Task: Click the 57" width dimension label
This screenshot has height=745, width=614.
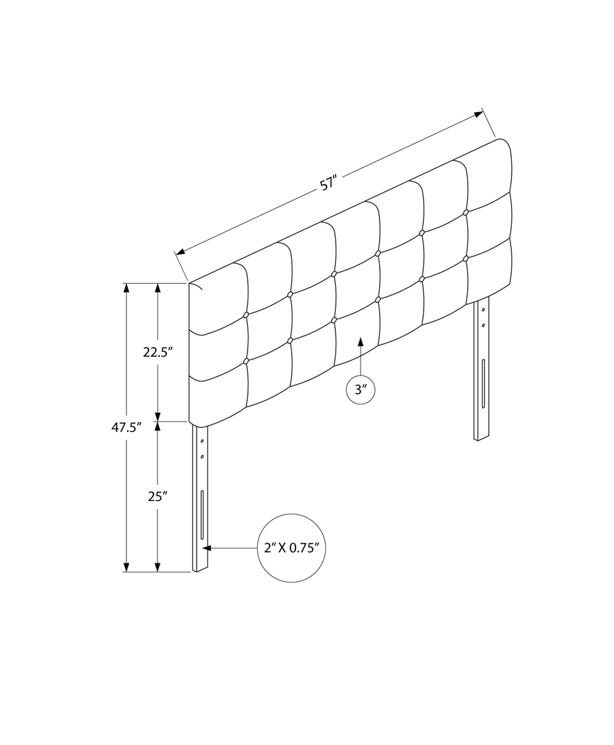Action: pyautogui.click(x=327, y=184)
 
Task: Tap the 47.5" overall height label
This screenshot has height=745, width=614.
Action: pyautogui.click(x=126, y=427)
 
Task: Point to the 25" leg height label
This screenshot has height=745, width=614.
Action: pyautogui.click(x=157, y=497)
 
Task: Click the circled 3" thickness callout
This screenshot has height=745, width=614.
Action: pyautogui.click(x=360, y=390)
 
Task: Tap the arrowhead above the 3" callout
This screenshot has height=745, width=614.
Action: pyautogui.click(x=360, y=343)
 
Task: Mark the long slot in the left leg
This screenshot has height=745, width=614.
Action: pyautogui.click(x=202, y=514)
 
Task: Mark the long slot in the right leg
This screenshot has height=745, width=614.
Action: pyautogui.click(x=483, y=382)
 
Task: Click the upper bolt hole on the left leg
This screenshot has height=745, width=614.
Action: pyautogui.click(x=202, y=441)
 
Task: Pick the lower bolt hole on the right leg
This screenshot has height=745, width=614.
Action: pyautogui.click(x=483, y=325)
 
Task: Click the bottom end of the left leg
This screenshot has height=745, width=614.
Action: pyautogui.click(x=202, y=568)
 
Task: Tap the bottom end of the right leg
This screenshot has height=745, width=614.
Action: pyautogui.click(x=482, y=437)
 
